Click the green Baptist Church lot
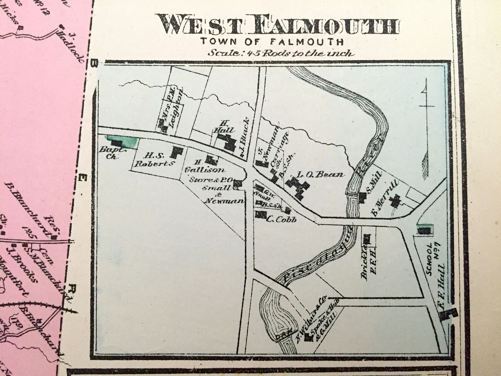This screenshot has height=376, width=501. click(x=122, y=141)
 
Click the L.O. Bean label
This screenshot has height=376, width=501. click(x=320, y=174)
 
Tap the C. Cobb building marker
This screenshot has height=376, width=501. click(x=261, y=215)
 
